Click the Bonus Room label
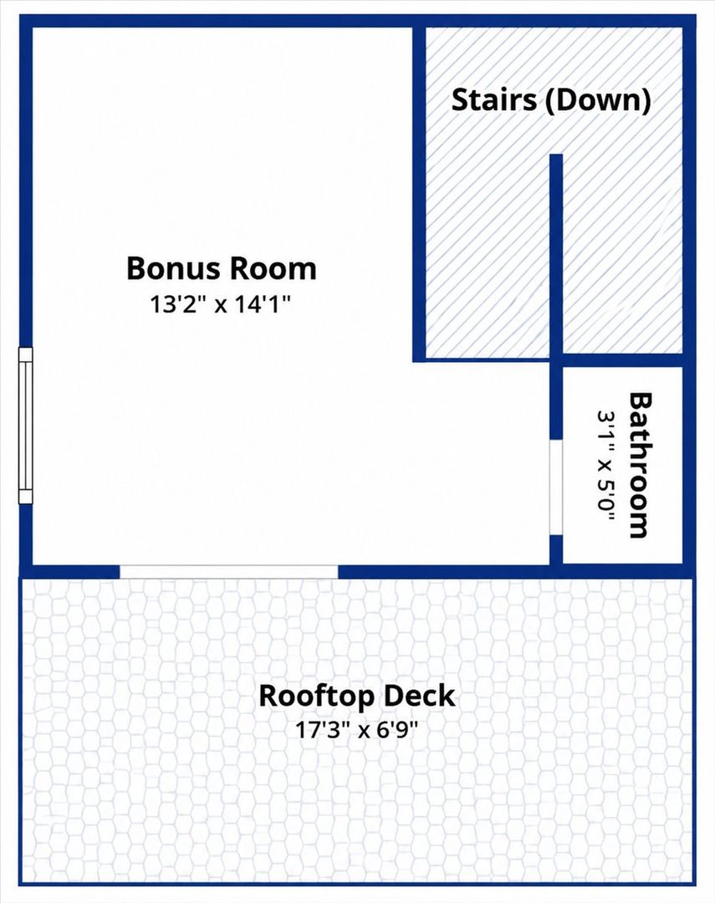222,268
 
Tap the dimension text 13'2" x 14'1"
220,304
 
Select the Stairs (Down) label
551,100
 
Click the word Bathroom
640,466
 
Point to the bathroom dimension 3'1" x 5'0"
605,466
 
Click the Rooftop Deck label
356,696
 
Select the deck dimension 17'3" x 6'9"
356,730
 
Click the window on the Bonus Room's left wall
26,426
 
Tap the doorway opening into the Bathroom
555,487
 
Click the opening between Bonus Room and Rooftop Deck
229,572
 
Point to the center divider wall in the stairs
556,258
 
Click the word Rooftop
317,696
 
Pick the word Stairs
493,100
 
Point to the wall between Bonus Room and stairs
419,194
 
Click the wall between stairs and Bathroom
623,360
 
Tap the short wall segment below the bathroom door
555,549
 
